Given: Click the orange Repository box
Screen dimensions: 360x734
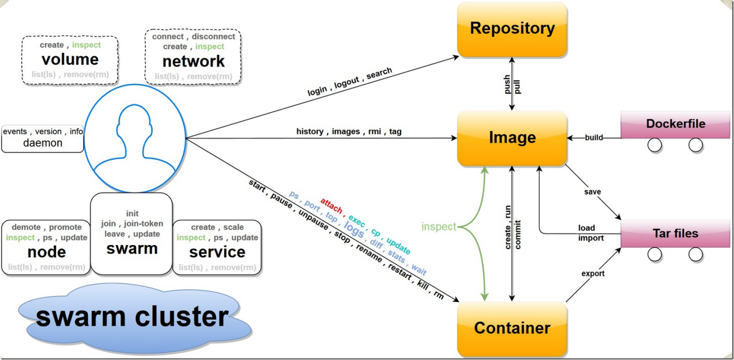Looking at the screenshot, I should [512, 29].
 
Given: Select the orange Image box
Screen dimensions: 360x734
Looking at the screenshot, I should [512, 138].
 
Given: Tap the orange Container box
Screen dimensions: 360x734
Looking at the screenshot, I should [512, 328].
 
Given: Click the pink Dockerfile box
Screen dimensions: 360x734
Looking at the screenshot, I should [675, 124].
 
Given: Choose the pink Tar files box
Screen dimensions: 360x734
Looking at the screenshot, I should [675, 234].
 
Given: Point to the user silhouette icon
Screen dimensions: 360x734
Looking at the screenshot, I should [135, 138].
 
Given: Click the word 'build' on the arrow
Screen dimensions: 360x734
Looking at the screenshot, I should [594, 137].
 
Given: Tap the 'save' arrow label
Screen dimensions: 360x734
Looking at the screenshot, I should [592, 192].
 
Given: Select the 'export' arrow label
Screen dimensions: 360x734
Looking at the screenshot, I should [593, 274].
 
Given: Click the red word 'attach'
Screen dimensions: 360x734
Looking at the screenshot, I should [331, 206].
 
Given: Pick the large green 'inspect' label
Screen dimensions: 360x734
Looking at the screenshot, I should [439, 227].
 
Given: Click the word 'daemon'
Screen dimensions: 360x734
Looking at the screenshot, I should [43, 143].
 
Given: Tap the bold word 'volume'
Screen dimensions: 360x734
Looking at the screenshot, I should [70, 60].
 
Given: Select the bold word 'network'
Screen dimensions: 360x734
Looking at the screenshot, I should [193, 62].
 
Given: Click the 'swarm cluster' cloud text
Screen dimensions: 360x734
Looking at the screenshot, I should [132, 317].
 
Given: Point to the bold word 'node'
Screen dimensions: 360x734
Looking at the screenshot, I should [47, 252].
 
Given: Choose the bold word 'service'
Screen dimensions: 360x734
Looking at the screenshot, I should [217, 252].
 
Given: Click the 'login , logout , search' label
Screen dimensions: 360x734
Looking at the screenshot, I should [350, 81].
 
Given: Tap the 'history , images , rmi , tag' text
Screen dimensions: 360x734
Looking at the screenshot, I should [349, 131].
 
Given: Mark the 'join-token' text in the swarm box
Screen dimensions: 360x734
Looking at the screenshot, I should [143, 223].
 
